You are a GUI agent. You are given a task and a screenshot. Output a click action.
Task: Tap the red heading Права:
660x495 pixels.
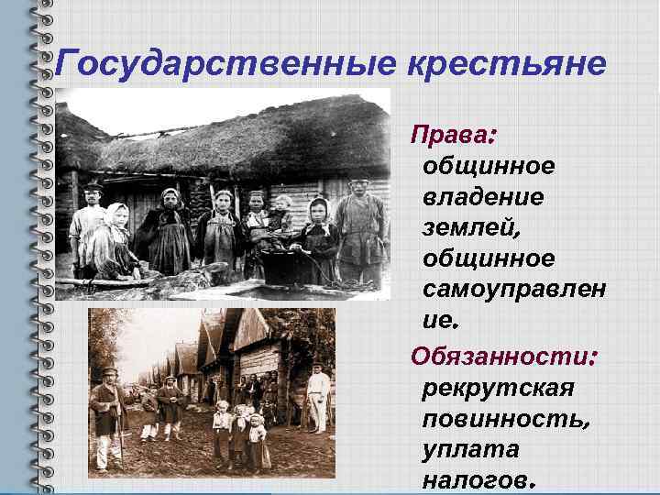453,136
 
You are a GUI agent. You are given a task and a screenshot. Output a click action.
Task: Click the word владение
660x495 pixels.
482,198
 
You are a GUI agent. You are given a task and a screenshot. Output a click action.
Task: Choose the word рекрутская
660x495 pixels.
498,387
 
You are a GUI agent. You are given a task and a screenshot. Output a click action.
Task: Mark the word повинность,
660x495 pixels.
506,419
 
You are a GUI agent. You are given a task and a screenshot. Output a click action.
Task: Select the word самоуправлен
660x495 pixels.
514,291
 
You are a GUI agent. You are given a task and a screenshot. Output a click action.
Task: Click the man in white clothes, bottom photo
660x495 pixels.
318,397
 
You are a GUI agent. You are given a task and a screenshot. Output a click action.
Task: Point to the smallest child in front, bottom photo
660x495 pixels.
258,440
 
